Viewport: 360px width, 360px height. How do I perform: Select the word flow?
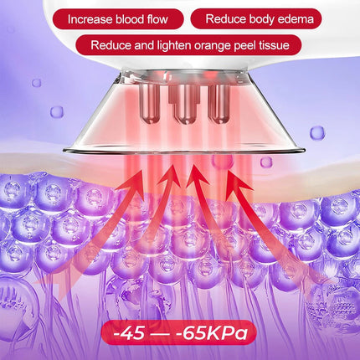pyautogui.click(x=157, y=19)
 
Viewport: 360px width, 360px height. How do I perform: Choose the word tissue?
pyautogui.click(x=275, y=45)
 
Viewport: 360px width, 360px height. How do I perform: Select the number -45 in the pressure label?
pyautogui.click(x=129, y=333)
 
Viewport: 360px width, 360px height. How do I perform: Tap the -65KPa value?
pyautogui.click(x=212, y=333)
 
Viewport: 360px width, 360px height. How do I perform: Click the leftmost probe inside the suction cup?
pyautogui.click(x=150, y=103)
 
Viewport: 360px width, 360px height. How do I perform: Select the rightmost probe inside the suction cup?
pyautogui.click(x=219, y=103)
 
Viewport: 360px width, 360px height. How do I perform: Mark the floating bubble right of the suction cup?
pyautogui.click(x=317, y=133)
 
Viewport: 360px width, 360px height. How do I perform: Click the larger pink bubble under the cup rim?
pyautogui.click(x=222, y=161)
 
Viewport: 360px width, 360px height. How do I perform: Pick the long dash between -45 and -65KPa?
pyautogui.click(x=161, y=334)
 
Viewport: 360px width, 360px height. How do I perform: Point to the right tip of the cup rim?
pyautogui.click(x=305, y=151)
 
